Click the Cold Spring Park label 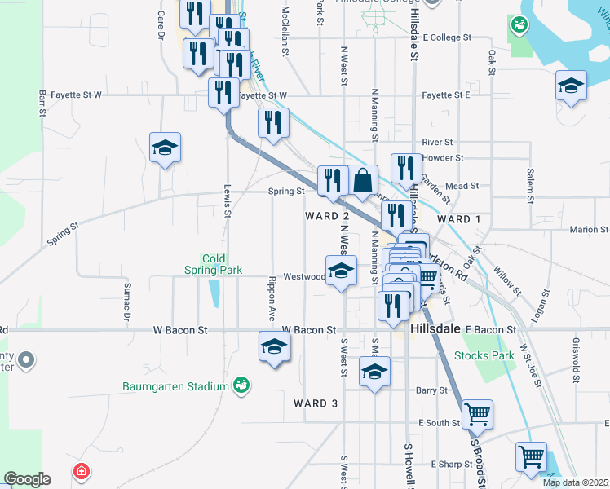tap(213, 264)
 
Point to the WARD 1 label tap(459, 219)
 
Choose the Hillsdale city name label tap(437, 329)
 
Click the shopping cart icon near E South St tap(477, 413)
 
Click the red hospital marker tap(81, 471)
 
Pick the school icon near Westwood tap(341, 271)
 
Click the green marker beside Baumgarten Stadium tap(241, 384)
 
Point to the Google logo tap(27, 479)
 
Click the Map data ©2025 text tap(574, 482)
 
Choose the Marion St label tap(589, 230)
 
